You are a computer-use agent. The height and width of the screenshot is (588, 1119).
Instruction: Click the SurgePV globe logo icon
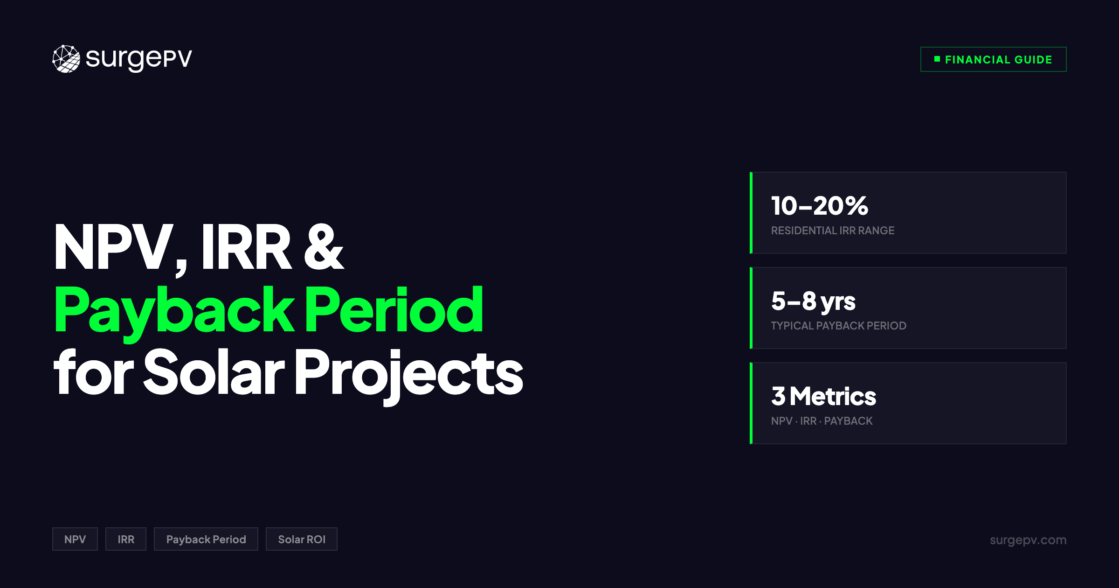point(66,59)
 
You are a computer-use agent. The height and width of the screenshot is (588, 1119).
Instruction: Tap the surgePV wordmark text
point(139,59)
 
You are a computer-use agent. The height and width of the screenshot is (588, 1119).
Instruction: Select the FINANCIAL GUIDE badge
point(993,59)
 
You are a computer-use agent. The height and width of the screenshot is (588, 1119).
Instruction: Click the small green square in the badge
point(937,59)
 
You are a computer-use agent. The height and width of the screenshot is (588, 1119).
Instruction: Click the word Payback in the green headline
point(173,311)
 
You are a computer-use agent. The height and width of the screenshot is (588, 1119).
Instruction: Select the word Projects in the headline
point(408,373)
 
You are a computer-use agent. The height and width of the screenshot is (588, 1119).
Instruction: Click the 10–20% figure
point(819,206)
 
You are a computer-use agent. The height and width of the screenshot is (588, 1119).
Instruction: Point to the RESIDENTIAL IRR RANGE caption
point(832,231)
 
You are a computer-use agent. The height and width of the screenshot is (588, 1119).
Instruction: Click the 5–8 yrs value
point(813,301)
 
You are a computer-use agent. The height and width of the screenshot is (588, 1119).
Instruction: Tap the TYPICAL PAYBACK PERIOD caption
point(838,326)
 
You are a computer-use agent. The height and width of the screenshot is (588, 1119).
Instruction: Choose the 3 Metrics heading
point(823,396)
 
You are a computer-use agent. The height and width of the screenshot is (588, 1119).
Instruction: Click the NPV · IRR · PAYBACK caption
point(822,421)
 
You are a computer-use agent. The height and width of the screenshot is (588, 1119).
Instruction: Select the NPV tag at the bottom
point(75,539)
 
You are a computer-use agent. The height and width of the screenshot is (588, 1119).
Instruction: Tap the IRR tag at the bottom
point(126,539)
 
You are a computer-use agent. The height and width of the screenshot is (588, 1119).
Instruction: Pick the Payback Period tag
point(206,539)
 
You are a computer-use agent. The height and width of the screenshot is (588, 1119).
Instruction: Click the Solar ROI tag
point(302,539)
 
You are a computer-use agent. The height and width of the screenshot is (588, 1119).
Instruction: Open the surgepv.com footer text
point(1028,540)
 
